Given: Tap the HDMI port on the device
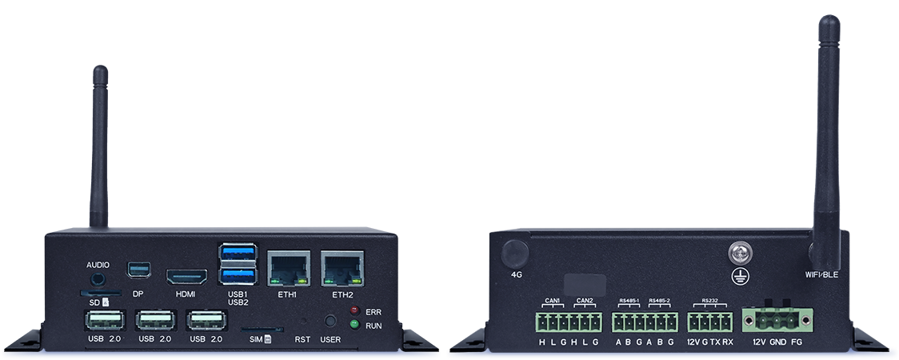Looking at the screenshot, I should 186,277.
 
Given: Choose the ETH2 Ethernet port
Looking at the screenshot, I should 342,269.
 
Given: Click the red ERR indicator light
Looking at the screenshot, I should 354,310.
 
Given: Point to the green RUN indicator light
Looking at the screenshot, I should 354,324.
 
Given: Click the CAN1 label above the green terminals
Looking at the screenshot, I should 552,301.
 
